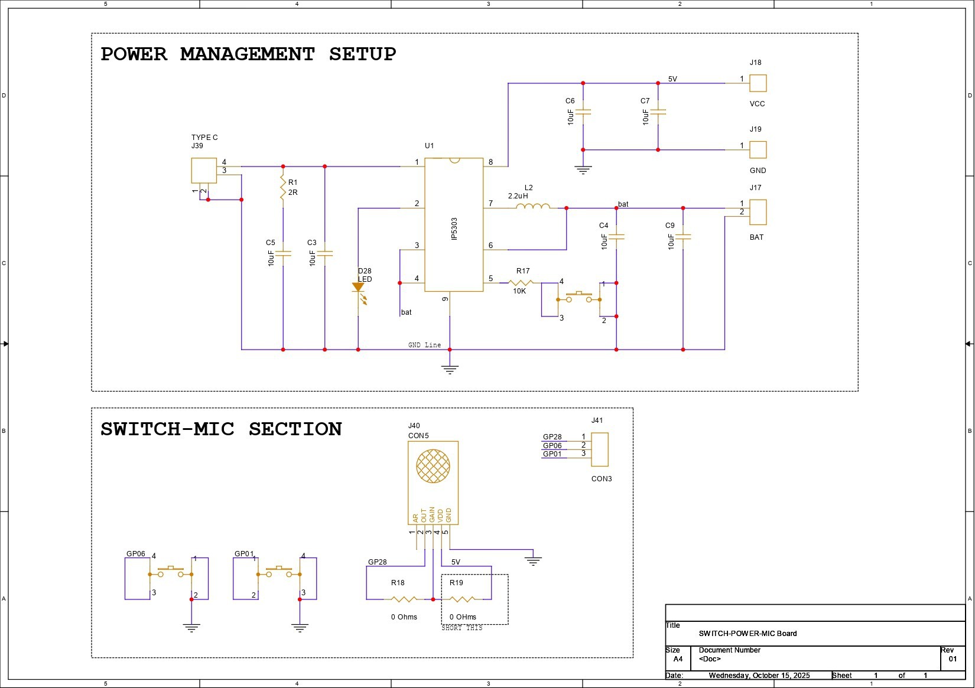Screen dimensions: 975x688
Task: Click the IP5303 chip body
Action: point(454,224)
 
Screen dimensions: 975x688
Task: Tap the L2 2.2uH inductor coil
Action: point(533,206)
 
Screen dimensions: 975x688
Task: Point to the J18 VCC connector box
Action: point(758,83)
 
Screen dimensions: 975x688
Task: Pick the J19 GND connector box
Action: point(758,149)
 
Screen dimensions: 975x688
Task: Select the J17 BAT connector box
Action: point(758,212)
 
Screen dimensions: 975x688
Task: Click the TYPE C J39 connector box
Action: point(204,171)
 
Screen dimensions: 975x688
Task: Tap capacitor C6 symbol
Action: point(583,112)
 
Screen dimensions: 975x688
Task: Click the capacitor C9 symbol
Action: point(683,237)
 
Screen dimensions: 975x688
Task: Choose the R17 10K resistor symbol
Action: point(520,283)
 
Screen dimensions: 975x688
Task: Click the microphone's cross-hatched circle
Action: point(433,466)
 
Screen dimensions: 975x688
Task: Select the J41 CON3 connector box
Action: point(599,449)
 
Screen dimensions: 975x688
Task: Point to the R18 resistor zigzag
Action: point(404,599)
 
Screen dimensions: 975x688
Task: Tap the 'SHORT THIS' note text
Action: point(462,628)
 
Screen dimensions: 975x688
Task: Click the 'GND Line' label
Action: point(424,345)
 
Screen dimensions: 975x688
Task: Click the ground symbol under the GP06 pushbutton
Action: point(191,628)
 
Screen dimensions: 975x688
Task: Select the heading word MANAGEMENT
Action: point(247,54)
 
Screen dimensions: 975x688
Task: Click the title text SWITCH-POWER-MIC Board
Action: point(747,634)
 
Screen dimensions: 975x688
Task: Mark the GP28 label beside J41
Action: point(552,436)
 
